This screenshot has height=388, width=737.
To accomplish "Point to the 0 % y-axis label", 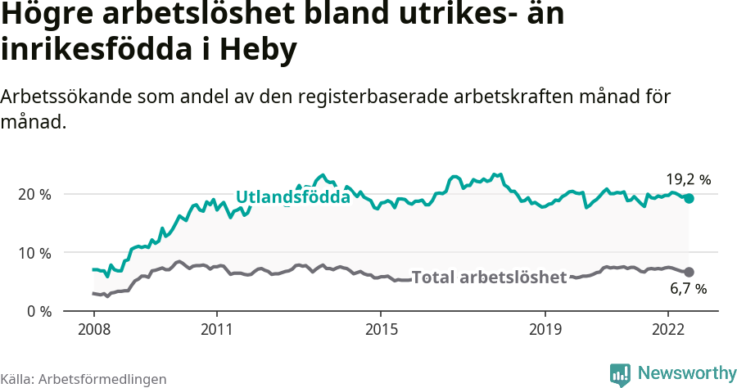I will tap(38, 311).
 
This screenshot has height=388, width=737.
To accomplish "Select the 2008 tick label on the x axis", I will tap(93, 329).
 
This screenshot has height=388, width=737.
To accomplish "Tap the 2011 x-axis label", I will tap(216, 329).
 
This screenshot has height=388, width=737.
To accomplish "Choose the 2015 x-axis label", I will tap(379, 329).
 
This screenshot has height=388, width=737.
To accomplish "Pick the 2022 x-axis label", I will tap(667, 329).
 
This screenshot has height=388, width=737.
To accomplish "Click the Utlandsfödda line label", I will tap(292, 197).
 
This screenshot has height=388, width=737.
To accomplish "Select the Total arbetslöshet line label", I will tap(489, 277).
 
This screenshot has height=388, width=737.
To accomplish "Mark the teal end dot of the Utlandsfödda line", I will tap(689, 199).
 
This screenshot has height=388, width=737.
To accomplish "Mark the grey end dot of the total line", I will tap(689, 272).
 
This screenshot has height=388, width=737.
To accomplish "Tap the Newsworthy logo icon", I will tap(620, 374).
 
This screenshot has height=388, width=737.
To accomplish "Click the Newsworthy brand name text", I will tap(686, 373).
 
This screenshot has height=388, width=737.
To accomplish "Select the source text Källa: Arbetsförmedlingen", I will tap(84, 379).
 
